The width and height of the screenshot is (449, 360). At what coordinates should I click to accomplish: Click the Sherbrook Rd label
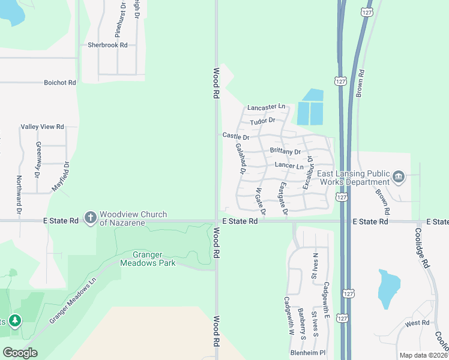107,45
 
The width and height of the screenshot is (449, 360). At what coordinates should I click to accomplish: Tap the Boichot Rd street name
60,82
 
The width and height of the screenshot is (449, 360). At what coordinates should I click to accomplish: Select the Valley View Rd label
42,127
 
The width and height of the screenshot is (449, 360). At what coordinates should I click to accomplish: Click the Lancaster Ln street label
266,107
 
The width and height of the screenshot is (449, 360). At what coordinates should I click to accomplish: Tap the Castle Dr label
235,137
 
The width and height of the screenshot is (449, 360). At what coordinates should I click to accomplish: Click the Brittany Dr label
285,151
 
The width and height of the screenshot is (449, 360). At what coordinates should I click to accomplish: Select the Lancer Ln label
289,165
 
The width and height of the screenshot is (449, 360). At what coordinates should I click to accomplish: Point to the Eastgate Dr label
283,199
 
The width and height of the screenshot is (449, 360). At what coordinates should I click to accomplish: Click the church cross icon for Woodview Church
90,217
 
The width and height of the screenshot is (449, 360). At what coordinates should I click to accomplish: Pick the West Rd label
417,323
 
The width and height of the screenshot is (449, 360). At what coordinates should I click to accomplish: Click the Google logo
20,353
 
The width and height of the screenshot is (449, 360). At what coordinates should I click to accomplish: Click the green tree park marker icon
14,321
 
